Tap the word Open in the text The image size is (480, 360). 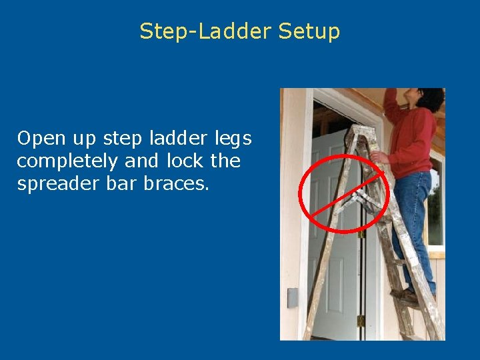click(39, 139)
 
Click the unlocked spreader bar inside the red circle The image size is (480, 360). click(353, 197)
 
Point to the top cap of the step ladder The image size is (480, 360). click(361, 131)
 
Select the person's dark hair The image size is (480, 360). click(431, 99)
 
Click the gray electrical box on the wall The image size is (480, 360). click(292, 297)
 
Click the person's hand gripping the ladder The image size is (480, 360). click(379, 157)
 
